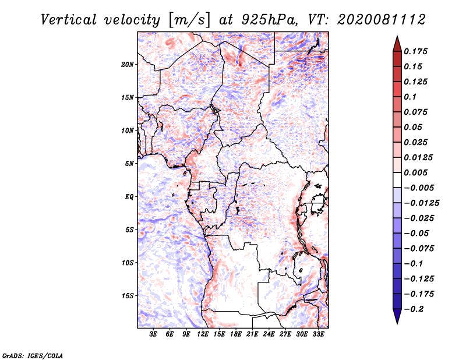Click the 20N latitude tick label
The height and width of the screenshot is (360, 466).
(128, 64)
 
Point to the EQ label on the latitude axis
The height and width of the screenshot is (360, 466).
(129, 197)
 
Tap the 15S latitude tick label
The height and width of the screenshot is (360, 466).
(128, 296)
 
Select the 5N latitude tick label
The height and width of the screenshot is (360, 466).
(129, 164)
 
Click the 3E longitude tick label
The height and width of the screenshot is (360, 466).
(154, 335)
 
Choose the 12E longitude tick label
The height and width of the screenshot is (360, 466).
(203, 335)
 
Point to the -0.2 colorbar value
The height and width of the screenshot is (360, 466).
(416, 309)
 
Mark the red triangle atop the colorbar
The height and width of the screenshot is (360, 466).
(397, 43)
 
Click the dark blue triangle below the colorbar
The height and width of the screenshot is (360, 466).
(397, 316)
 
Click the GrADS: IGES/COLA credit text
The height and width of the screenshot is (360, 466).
(33, 355)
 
